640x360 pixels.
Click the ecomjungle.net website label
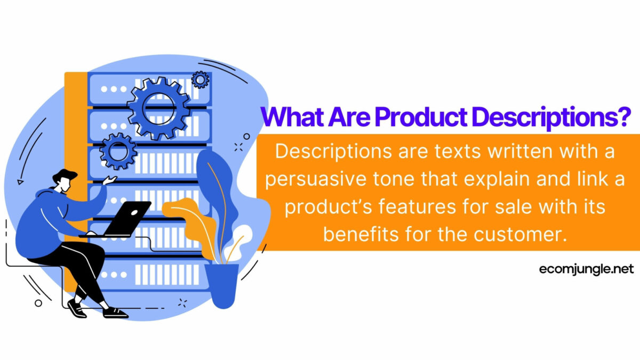586,269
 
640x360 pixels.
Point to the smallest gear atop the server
200,79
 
